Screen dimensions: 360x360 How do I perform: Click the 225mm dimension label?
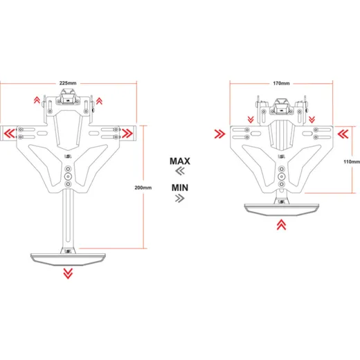(68, 83)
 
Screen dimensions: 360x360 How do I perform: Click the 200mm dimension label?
(143, 188)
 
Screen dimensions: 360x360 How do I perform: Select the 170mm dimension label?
(281, 83)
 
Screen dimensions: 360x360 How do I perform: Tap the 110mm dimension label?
(352, 162)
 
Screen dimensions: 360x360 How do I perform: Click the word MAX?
(180, 161)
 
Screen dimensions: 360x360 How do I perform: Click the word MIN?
(180, 188)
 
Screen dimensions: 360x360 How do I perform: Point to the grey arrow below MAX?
(180, 171)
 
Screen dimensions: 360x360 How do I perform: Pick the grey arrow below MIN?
(180, 198)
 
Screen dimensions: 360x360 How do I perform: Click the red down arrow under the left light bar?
(68, 273)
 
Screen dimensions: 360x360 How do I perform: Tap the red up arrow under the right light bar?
(281, 224)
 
